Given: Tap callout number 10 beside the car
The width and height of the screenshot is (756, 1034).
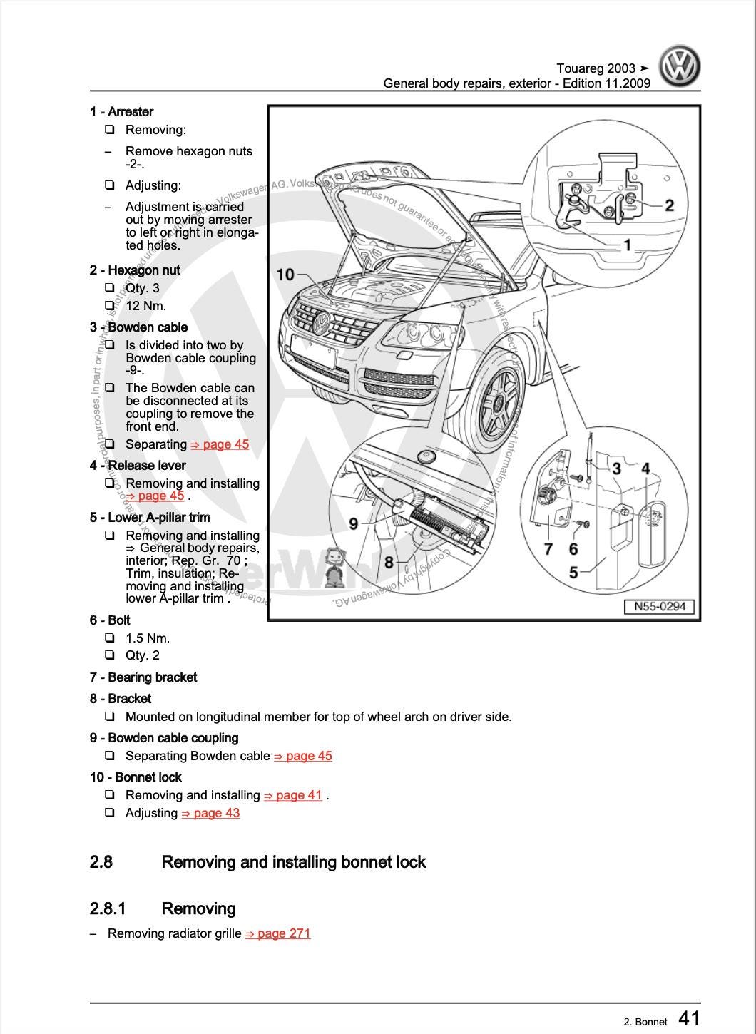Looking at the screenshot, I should pos(285,275).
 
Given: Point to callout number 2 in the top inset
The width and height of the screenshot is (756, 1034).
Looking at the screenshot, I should pos(669,205).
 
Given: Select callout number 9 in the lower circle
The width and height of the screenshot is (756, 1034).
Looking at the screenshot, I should pos(354,523).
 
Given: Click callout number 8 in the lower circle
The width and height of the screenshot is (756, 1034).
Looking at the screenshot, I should pos(389,562).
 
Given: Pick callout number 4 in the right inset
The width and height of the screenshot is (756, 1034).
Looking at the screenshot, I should pos(645,469).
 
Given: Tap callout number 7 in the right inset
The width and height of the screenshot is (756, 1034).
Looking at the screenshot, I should pos(548,548).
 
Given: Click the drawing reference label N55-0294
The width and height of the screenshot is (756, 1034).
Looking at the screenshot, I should pos(659,606).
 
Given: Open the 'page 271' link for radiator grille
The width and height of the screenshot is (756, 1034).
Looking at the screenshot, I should pos(278,933).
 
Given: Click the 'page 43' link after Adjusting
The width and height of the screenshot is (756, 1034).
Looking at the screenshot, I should pos(211,813).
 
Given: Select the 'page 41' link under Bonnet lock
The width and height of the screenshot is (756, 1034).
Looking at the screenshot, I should pos(293,795).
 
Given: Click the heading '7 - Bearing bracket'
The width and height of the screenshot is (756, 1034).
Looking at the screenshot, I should pos(143,677).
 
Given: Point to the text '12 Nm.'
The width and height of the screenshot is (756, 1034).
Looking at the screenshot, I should pos(146,306).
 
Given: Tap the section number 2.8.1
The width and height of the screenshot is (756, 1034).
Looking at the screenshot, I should pos(107,908).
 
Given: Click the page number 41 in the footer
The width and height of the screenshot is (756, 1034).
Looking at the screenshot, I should pos(688,1018).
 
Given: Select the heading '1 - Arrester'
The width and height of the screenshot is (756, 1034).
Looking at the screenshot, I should pos(122,112).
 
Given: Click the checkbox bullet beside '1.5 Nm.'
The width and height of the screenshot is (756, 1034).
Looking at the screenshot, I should pos(110,638).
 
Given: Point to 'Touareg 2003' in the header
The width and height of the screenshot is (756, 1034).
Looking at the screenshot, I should pos(596,68).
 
